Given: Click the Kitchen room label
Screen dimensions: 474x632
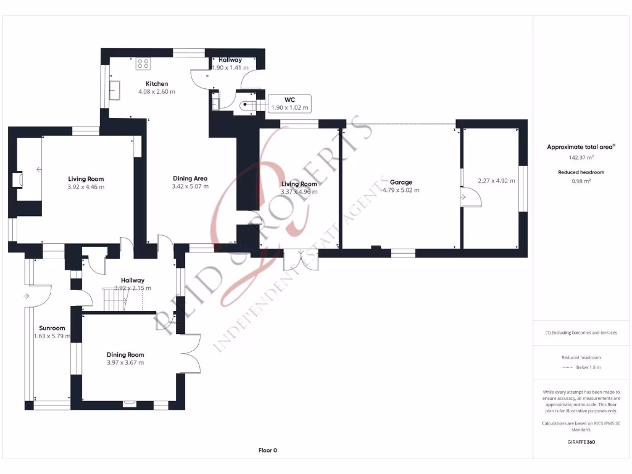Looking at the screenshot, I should [156, 84].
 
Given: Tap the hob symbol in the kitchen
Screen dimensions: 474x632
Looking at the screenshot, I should [143, 63].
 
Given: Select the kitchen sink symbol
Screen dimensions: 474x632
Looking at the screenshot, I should [115, 90].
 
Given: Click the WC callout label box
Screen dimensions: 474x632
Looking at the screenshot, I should [289, 104].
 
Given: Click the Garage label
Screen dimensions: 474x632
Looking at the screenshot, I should [401, 182].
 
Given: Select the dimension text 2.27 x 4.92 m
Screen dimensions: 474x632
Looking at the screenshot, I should [496, 181].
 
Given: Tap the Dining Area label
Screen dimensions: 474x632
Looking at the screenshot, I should [189, 178].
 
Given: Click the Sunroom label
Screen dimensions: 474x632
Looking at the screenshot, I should [52, 328].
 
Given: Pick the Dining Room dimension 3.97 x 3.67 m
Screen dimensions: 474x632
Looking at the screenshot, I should [125, 363].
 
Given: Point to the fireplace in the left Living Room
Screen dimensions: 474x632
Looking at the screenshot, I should [17, 180].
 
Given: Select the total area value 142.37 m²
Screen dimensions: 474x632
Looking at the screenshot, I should [581, 157].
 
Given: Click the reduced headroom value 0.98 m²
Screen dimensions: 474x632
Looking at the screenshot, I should [581, 181].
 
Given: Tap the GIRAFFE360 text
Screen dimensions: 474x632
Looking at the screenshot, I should [581, 442].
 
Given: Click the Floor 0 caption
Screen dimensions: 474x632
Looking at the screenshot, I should [267, 451].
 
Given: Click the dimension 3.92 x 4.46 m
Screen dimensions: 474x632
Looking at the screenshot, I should [86, 186].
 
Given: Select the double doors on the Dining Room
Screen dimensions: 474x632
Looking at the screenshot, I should [191, 353].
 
